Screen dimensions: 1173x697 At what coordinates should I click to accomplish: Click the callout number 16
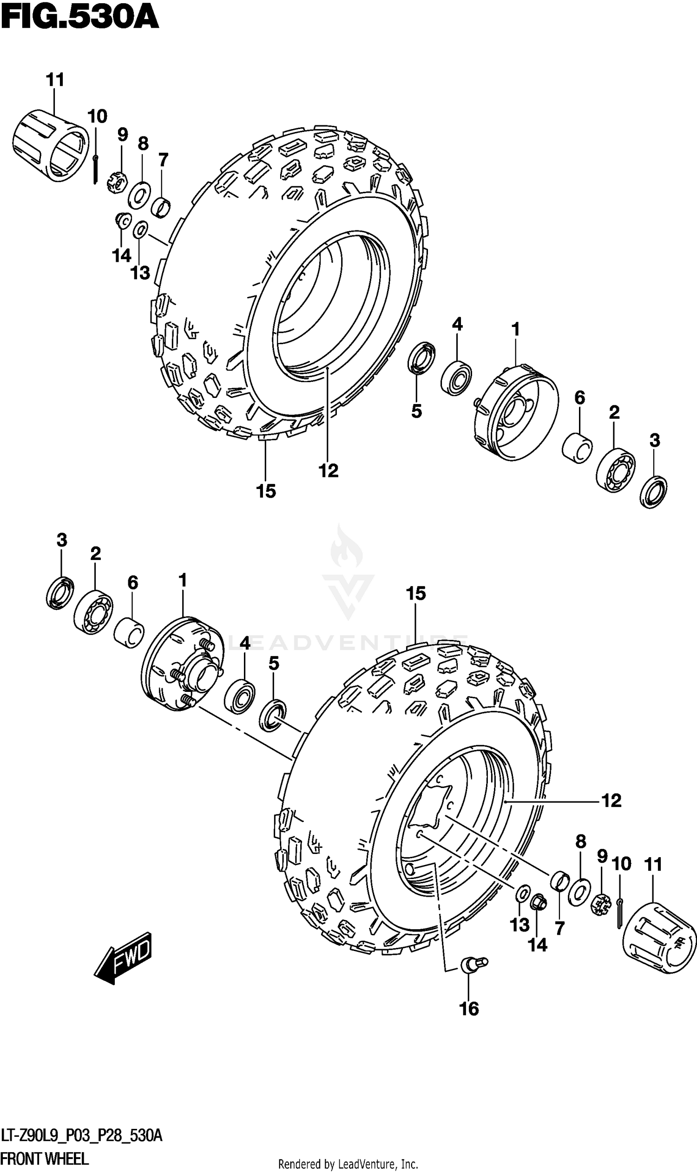[469, 1009]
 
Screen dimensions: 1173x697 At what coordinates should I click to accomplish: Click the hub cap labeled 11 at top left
[50, 145]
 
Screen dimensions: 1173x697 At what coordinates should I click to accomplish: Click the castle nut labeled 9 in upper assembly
[118, 183]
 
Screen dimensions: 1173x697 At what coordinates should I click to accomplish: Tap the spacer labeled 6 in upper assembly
[577, 448]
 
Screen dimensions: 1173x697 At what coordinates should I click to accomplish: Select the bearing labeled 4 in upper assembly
[456, 378]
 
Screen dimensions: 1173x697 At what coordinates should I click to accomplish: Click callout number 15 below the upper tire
[266, 491]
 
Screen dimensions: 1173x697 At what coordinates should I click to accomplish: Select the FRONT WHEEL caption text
[45, 1159]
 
